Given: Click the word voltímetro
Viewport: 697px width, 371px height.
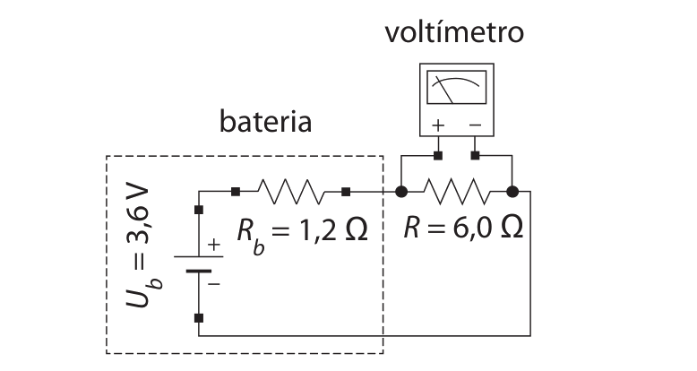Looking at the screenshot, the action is [454, 32].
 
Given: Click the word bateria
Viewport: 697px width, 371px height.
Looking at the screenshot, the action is [265, 121].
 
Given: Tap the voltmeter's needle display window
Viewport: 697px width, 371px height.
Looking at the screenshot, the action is [457, 87].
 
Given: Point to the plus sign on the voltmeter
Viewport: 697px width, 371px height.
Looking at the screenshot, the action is [438, 125].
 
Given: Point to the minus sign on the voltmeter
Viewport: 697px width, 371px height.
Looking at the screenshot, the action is [475, 125].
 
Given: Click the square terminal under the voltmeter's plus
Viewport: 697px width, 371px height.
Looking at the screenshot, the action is [438, 156].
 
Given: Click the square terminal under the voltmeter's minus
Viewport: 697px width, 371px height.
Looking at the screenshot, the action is [475, 156].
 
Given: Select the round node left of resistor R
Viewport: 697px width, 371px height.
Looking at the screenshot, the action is [401, 192].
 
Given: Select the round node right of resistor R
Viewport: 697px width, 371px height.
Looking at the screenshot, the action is [512, 192].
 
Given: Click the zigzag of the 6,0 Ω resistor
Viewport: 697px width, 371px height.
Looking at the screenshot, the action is [457, 192].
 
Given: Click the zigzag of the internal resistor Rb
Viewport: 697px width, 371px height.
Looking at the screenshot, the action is [291, 192].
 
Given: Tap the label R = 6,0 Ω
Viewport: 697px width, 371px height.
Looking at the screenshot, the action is [463, 228].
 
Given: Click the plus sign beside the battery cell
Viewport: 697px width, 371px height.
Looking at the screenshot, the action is [214, 245].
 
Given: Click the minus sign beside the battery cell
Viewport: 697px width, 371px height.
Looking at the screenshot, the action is [214, 284].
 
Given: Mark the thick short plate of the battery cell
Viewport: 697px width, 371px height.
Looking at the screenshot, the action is [199, 271].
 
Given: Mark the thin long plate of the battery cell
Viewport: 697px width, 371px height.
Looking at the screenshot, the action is [199, 256].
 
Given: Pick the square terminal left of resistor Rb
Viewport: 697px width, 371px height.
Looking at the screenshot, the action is [236, 192].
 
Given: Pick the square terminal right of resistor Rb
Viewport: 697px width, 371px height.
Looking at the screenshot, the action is [347, 192].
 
